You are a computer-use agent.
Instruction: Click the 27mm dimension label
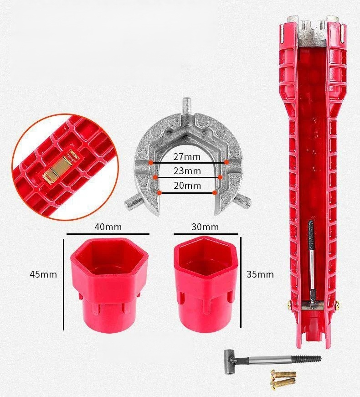point(187,157)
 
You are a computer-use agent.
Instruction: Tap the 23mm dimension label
point(187,171)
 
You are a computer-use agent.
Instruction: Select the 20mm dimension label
point(187,186)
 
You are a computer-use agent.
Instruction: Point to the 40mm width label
point(108,227)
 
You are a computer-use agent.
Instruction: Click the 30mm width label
point(205,227)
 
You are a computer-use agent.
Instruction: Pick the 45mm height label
point(43,274)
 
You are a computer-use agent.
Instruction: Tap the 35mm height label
point(260,274)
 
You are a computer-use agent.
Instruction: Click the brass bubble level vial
point(60,167)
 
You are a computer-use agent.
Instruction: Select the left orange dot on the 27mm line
point(151,163)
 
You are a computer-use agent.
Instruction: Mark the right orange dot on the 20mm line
point(215,193)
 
